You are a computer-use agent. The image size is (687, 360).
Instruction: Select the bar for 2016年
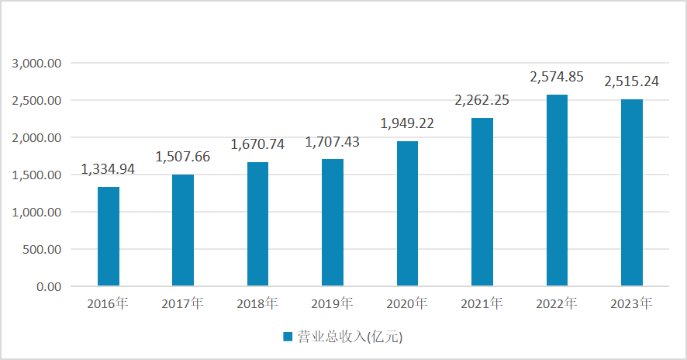(x=109, y=237)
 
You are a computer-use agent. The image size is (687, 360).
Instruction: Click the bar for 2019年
(x=333, y=223)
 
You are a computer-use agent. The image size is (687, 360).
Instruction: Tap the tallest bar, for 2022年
(x=557, y=191)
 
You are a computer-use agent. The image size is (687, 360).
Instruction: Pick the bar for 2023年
(x=632, y=193)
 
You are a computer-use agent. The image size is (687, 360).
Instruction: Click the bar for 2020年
(x=407, y=214)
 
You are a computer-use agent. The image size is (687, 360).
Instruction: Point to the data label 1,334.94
(x=109, y=169)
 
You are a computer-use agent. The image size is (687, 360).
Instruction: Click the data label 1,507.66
(x=183, y=157)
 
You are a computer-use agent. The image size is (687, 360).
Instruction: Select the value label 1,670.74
(x=258, y=144)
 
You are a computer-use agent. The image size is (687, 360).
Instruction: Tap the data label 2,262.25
(x=482, y=100)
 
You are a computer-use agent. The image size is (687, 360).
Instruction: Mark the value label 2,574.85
(x=557, y=77)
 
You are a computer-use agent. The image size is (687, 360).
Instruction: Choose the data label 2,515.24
(x=632, y=81)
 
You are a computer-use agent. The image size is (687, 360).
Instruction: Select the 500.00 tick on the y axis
(x=43, y=250)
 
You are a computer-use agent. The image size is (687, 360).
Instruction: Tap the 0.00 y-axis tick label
(x=50, y=287)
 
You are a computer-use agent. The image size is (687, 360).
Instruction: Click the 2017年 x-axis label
(x=183, y=303)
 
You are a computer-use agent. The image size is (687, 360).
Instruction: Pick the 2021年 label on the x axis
(x=482, y=303)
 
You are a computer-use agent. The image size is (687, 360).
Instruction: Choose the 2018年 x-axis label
(x=258, y=303)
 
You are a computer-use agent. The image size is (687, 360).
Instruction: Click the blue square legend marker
(x=287, y=337)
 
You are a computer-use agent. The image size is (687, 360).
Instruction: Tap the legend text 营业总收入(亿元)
(x=349, y=337)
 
